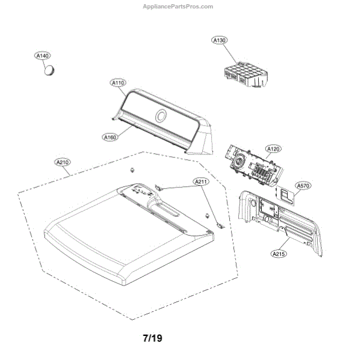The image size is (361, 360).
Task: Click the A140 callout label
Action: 42,56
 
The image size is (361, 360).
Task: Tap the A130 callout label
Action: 220,40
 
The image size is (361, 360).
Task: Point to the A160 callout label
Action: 110,137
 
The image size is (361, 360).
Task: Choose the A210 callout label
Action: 63,162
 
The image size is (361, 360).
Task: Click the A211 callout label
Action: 200,181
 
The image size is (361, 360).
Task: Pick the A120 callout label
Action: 274,148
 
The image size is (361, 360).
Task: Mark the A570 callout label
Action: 303,186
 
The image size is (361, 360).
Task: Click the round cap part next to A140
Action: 50,70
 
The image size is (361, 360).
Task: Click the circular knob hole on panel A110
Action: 162,117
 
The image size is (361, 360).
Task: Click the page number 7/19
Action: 153,338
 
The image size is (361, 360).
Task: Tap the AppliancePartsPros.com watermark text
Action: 177,7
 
